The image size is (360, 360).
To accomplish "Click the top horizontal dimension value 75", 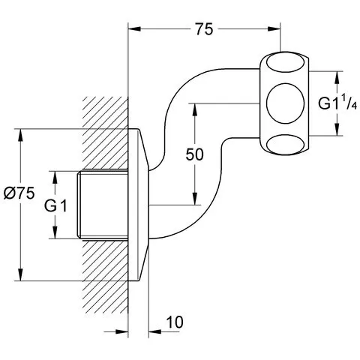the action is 204,29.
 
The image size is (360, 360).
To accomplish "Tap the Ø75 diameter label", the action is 19,193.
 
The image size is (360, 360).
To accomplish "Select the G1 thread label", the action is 55,206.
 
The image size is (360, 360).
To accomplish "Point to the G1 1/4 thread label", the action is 337,103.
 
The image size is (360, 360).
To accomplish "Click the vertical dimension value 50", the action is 194,154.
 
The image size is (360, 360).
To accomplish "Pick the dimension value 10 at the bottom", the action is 175,322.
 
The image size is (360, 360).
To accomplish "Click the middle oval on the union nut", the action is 286,103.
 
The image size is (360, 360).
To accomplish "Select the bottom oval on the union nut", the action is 285,145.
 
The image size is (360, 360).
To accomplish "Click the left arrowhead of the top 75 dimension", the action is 134,29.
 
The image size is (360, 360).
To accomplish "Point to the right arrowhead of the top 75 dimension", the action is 274,29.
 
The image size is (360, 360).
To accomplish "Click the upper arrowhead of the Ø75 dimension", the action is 20,135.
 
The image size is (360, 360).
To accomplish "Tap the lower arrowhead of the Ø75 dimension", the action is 20,274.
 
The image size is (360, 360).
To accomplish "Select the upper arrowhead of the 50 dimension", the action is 194,109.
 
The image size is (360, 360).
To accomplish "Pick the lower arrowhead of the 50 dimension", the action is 194,199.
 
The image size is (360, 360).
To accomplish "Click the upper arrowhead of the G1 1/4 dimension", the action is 337,77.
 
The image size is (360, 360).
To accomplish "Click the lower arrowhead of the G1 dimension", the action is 55,232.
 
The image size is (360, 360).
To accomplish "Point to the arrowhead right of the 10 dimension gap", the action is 154,332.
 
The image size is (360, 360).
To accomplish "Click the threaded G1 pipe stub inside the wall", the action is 103,205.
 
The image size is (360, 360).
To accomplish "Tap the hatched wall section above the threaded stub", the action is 105,133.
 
